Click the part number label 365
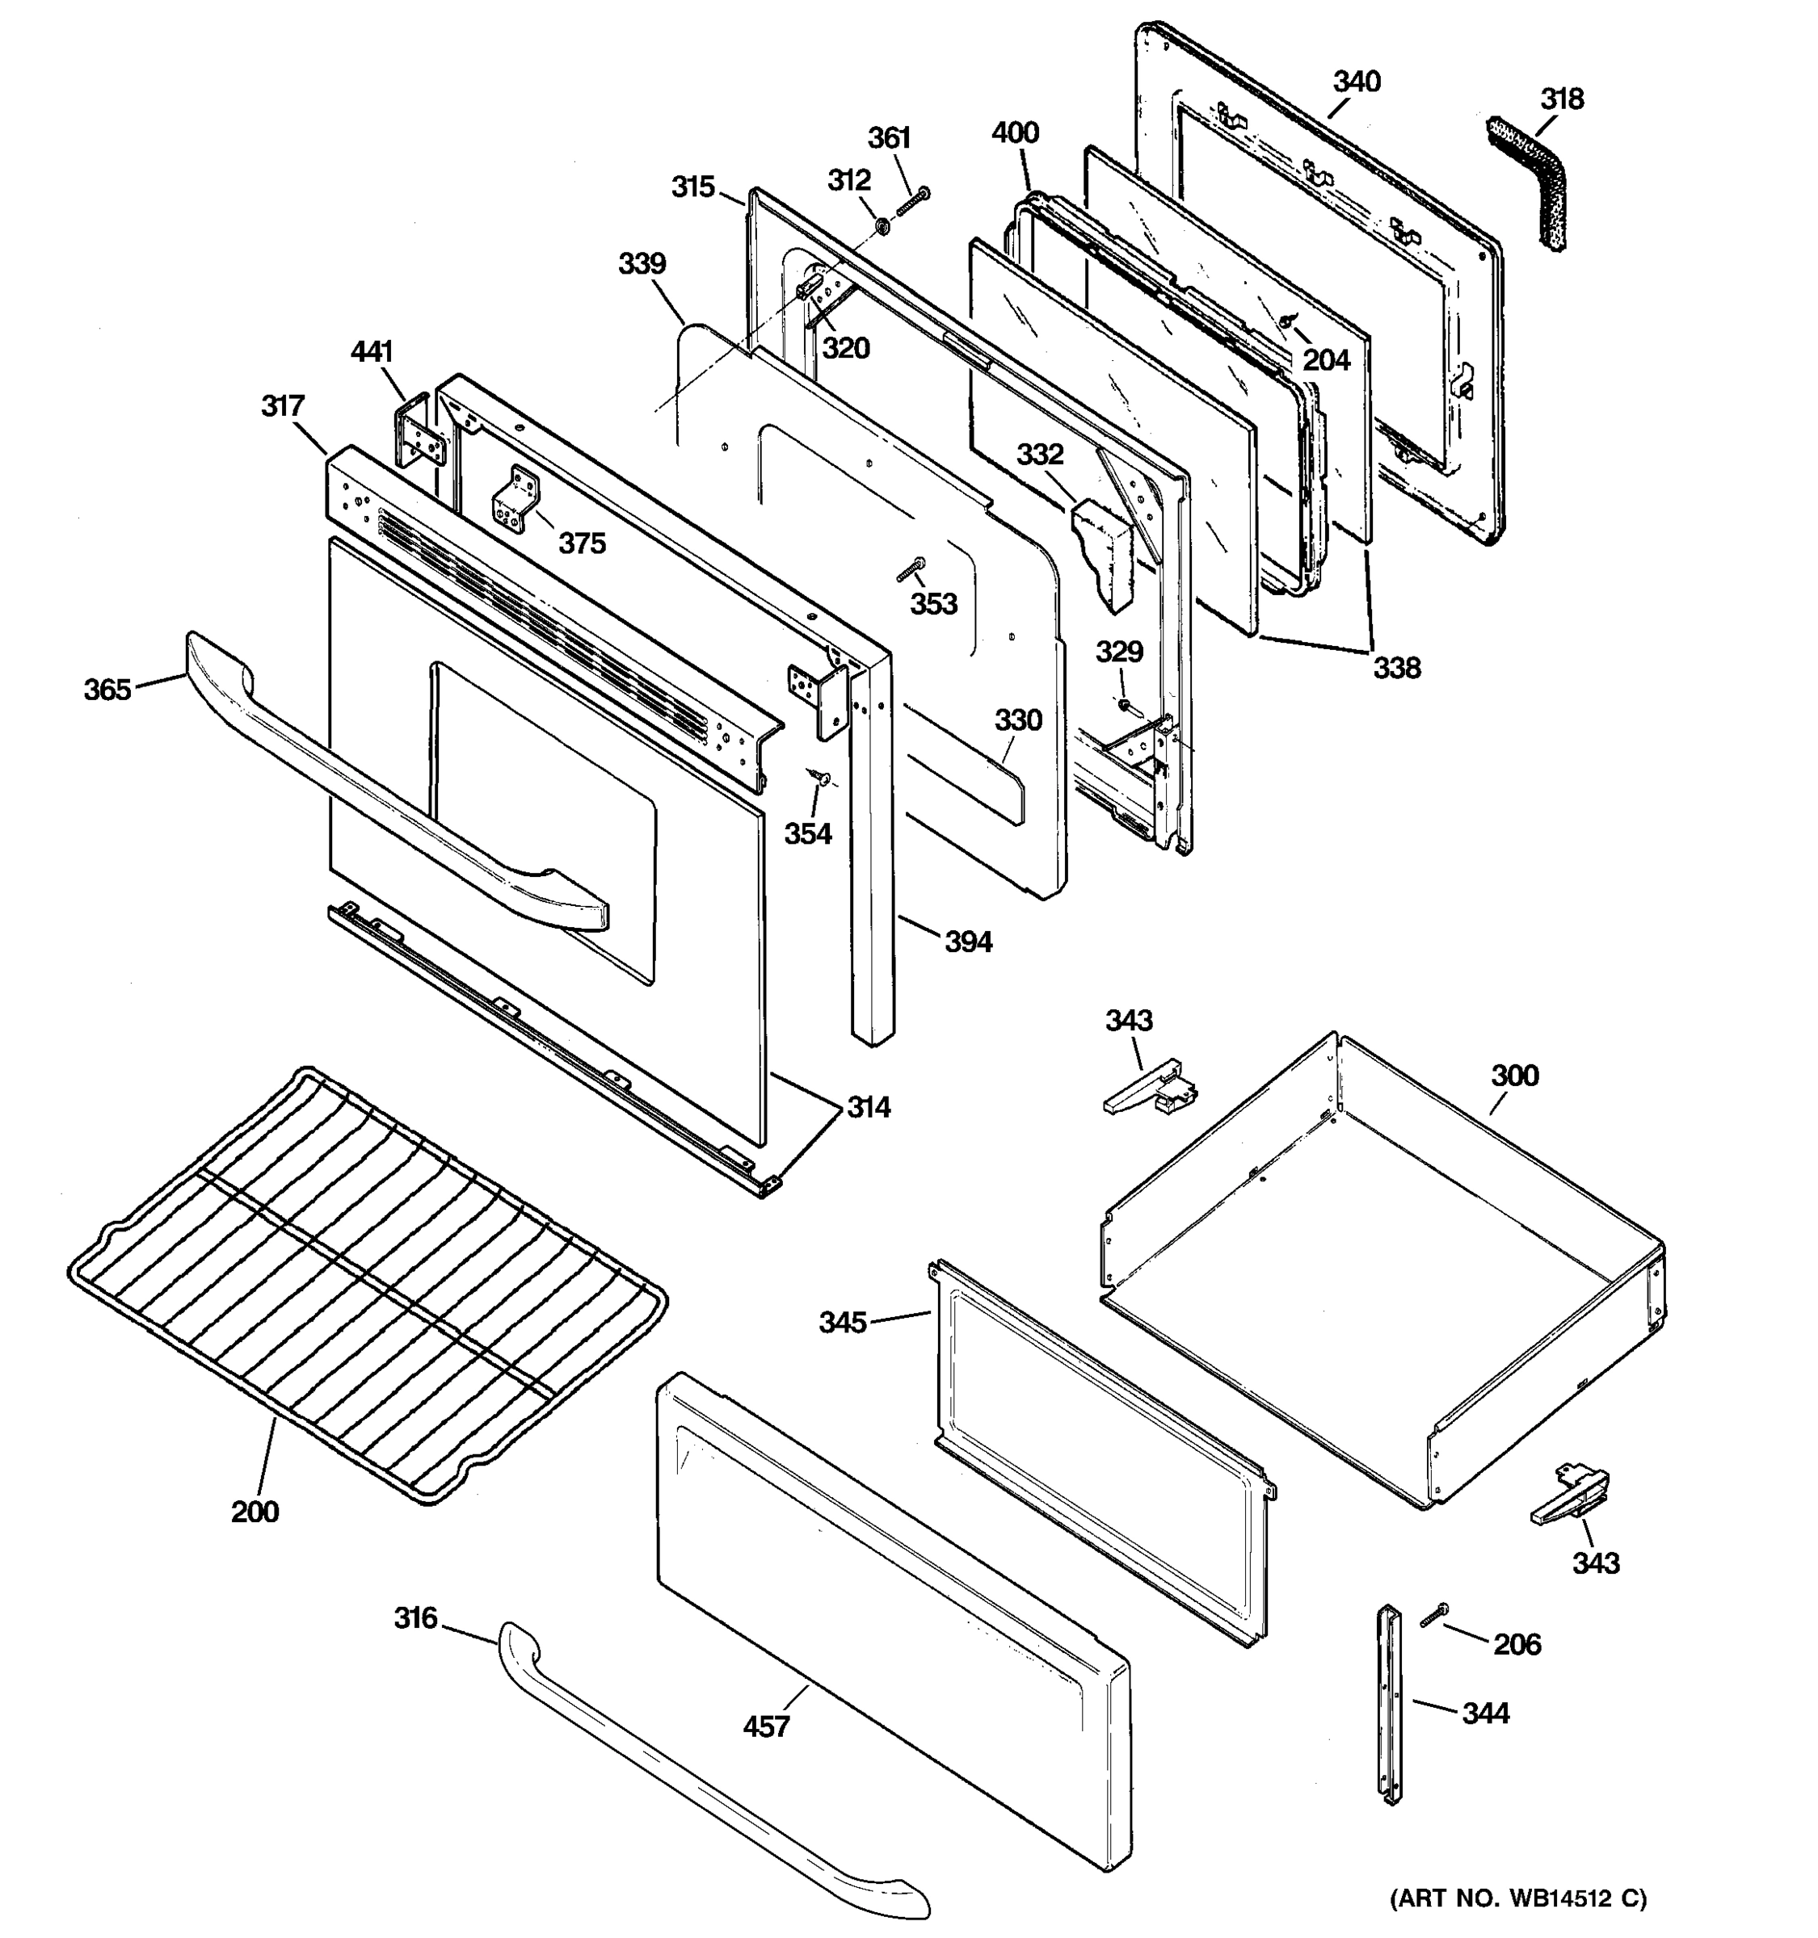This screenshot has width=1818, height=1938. [x=107, y=690]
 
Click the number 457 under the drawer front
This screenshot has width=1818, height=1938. [x=766, y=1727]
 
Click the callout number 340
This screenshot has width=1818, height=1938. [x=1357, y=82]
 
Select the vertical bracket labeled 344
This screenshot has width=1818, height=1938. [x=1390, y=1703]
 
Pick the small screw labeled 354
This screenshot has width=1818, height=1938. [x=819, y=776]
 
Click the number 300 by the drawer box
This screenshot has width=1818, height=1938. [x=1513, y=1076]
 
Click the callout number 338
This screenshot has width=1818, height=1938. [x=1397, y=669]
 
